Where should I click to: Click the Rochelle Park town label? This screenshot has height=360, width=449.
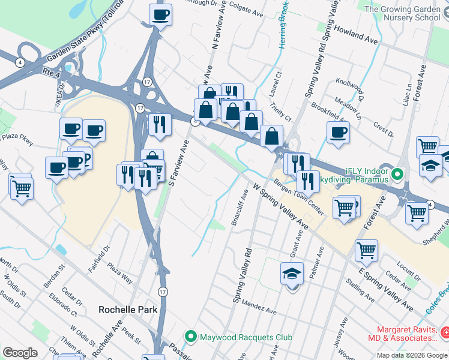128,310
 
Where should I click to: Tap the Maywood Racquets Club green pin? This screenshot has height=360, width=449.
191,337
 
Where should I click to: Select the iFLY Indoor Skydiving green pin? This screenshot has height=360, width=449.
396,175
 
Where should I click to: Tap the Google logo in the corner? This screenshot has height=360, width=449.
20,352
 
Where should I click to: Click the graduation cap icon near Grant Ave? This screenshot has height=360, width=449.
292,274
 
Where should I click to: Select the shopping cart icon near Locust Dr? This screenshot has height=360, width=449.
366,250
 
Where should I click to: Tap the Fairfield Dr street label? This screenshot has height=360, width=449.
101,254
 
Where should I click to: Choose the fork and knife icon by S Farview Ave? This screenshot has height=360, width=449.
160,124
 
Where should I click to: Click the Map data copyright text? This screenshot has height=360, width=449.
411,355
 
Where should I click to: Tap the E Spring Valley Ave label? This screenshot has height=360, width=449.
384,289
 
